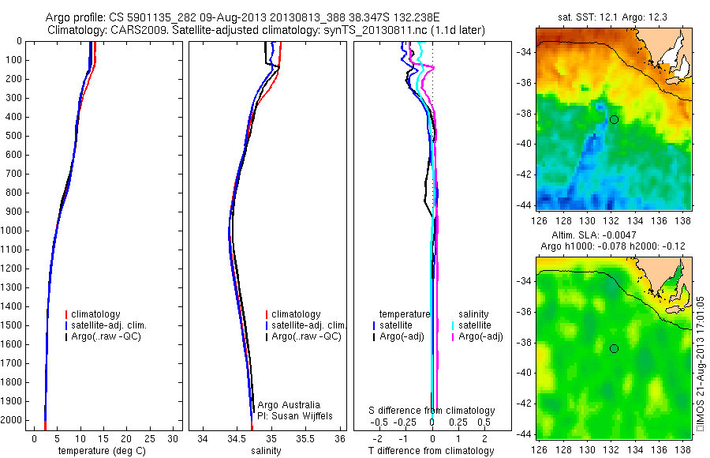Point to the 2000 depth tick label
point(13,420)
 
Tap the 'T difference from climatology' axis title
point(432,451)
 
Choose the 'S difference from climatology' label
point(432,411)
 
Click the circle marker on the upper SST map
point(614,119)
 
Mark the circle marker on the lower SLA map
point(614,348)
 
